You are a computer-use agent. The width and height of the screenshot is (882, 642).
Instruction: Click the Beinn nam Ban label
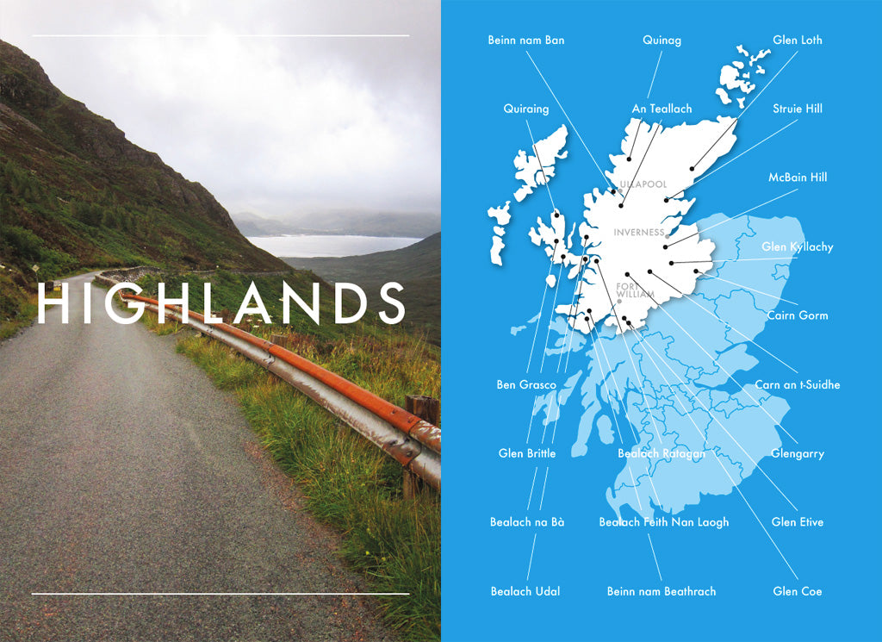coord(525,40)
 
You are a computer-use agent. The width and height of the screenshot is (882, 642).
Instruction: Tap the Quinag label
coord(661,40)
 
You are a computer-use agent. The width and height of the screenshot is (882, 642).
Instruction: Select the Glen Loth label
coord(797,40)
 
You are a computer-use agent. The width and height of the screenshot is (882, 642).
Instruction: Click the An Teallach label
coord(661,109)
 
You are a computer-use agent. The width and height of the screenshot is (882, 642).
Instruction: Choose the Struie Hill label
coord(797,109)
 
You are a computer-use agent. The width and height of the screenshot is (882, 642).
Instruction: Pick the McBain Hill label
coord(797,178)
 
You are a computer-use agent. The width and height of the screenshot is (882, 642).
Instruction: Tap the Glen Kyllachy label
coord(797,247)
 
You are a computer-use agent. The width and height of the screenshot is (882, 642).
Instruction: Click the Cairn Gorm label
coord(797,315)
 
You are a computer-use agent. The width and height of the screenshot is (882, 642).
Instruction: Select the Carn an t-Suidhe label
coord(797,384)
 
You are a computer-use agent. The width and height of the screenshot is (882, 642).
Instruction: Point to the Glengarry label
coord(797,453)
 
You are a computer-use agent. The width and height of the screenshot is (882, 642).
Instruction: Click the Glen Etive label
coord(797,522)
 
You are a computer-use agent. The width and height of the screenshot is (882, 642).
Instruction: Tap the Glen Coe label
coord(797,591)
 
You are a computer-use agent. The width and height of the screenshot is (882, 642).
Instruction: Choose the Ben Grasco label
coord(525,384)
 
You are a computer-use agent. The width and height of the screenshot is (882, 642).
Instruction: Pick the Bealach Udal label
coord(525,591)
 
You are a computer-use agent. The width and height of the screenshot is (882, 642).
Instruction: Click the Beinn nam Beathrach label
coord(661,591)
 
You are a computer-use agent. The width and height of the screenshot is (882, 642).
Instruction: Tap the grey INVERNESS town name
coord(638,233)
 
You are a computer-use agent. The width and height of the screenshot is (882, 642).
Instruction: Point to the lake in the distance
coord(327,246)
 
